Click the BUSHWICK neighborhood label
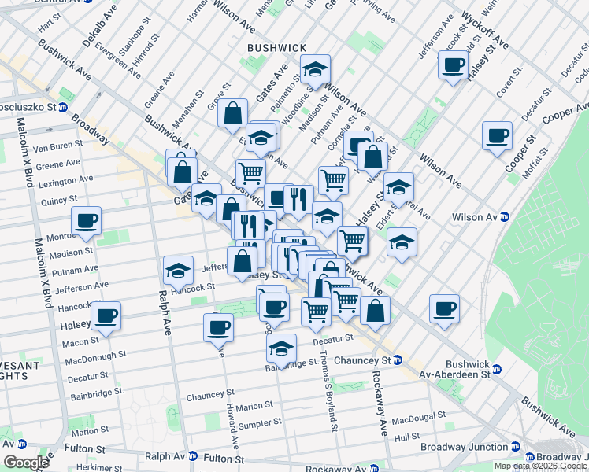[276, 48]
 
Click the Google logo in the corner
[26, 463]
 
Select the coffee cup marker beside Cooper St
[497, 135]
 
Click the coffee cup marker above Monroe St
[87, 220]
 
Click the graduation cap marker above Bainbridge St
[281, 348]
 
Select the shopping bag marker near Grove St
[234, 113]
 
